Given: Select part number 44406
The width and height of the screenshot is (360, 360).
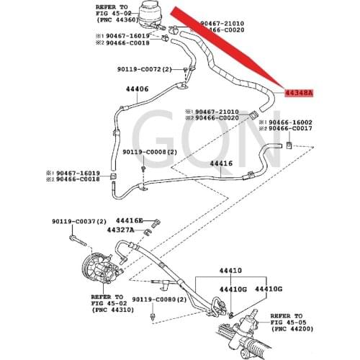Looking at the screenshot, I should [137, 90].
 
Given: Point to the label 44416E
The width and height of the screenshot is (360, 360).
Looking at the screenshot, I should [130, 220].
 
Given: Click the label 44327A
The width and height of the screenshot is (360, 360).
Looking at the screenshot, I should [120, 230].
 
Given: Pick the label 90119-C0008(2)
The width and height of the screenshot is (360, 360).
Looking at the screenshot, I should [149, 152].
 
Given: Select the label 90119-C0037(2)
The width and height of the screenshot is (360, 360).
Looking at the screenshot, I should [79, 221].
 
